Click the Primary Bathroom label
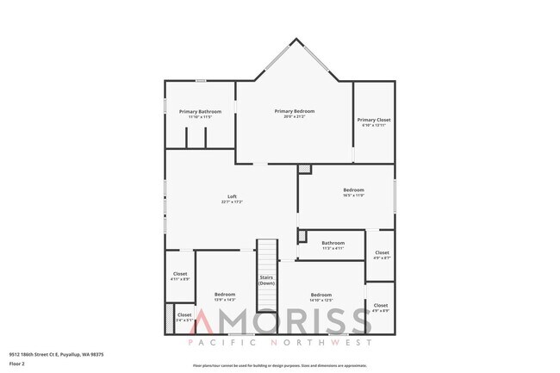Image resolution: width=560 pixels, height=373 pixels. pos(200,112)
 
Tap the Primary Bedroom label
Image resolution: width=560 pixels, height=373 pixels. pos(295,111)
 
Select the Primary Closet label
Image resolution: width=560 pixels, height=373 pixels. pos(374,120)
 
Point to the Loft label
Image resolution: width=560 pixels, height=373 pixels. pos(232,197)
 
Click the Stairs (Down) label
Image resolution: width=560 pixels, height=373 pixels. pos(267,280)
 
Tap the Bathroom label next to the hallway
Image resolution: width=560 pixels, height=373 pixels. pos(333,243)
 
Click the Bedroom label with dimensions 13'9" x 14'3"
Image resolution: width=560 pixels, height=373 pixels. pos(225,295)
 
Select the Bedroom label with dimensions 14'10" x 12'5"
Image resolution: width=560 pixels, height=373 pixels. pos(321,295)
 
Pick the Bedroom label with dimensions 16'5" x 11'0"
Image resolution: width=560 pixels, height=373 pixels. pos(353,190)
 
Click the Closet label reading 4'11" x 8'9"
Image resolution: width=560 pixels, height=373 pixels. pos(181,275)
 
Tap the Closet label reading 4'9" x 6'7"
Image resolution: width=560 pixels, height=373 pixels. pos(382,253)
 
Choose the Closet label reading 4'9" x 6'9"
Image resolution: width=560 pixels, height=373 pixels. pos(381,306)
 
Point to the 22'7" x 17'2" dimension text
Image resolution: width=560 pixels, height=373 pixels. pos(232,202)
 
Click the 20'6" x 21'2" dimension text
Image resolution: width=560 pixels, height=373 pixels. pos(295,116)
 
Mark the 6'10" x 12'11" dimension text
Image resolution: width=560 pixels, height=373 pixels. pos(374,126)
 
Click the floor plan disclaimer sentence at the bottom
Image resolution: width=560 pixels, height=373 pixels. pos(279,364)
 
